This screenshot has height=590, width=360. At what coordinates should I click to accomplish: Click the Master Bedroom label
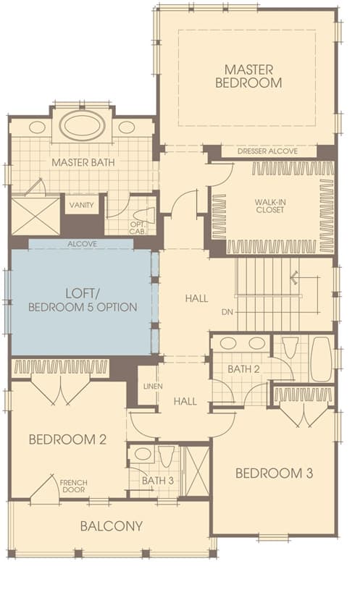pyautogui.click(x=248, y=76)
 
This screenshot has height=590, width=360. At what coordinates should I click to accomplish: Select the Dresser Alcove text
pyautogui.click(x=267, y=151)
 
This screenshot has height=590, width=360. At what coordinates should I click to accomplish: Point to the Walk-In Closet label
pyautogui.click(x=270, y=206)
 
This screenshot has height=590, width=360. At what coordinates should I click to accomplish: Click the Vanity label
pyautogui.click(x=82, y=205)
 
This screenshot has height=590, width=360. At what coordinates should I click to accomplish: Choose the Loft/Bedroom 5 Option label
pyautogui.click(x=83, y=300)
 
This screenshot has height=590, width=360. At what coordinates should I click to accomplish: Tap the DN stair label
pyautogui.click(x=227, y=312)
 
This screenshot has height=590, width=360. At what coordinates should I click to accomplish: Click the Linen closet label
pyautogui.click(x=153, y=387)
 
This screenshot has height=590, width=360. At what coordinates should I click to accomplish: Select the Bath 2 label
pyautogui.click(x=243, y=369)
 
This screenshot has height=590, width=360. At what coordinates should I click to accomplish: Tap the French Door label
pyautogui.click(x=73, y=486)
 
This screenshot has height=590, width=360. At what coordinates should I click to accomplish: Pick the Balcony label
pyautogui.click(x=112, y=526)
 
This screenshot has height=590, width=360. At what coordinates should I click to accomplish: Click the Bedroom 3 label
pyautogui.click(x=274, y=473)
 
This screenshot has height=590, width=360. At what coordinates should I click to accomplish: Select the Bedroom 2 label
pyautogui.click(x=67, y=439)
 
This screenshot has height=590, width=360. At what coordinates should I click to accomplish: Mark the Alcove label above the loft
pyautogui.click(x=82, y=244)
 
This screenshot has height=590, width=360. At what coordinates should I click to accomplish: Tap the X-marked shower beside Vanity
pyautogui.click(x=35, y=215)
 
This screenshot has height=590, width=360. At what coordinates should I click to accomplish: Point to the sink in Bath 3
pyautogui.click(x=143, y=454)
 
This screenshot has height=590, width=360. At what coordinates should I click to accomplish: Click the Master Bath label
pyautogui.click(x=83, y=163)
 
